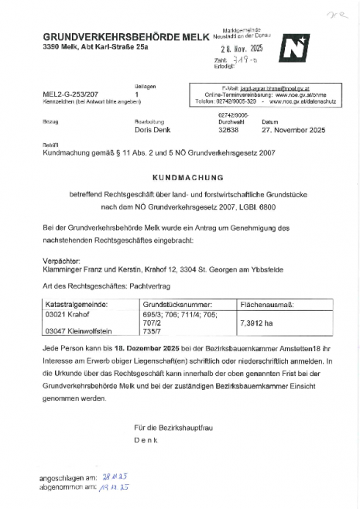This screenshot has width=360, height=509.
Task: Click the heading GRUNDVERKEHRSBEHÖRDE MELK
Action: point(122,38)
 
